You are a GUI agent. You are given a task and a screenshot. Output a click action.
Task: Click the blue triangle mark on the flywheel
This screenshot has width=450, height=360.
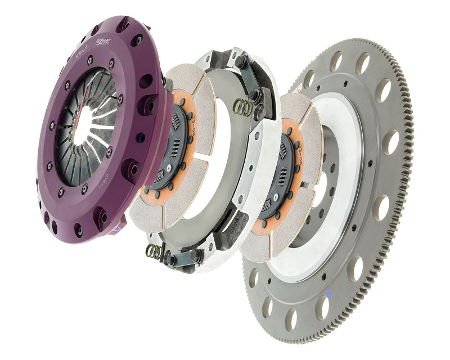click(x=328, y=294)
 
